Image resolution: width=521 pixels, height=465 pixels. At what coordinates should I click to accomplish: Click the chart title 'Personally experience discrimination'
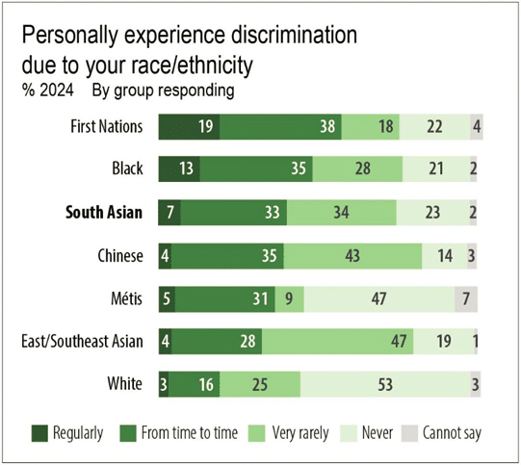pyautogui.click(x=189, y=37)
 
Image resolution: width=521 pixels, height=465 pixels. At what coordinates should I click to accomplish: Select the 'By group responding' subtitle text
pyautogui.click(x=163, y=91)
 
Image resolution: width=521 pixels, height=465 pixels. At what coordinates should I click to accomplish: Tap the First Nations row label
pyautogui.click(x=107, y=126)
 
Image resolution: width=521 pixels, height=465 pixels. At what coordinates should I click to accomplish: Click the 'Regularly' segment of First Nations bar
pyautogui.click(x=189, y=126)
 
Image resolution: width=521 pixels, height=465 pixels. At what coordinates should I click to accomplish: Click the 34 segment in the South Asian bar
pyautogui.click(x=341, y=213)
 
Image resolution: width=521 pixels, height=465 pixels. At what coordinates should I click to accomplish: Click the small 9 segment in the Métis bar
pyautogui.click(x=290, y=299)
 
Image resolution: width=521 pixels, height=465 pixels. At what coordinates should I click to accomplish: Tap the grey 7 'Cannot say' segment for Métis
pyautogui.click(x=466, y=299)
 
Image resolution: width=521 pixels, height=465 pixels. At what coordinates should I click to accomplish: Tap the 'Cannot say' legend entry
pyautogui.click(x=449, y=433)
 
